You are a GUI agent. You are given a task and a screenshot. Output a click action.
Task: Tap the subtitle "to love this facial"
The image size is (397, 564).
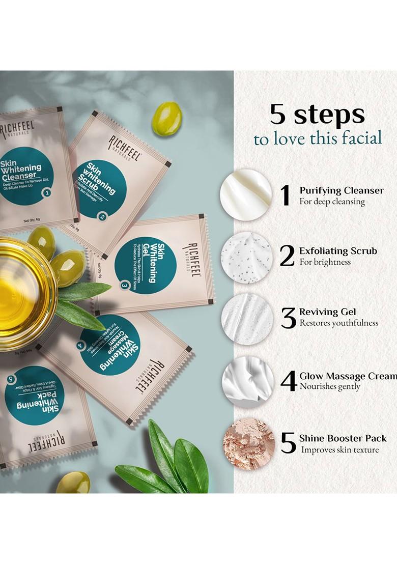click(x=318, y=138)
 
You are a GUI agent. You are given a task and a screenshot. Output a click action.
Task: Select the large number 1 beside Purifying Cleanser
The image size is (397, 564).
click(x=286, y=196)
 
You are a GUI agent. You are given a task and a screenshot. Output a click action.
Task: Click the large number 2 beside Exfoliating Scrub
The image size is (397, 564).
click(x=287, y=256)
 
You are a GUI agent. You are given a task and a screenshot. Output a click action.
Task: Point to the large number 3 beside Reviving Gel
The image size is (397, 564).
click(x=289, y=318)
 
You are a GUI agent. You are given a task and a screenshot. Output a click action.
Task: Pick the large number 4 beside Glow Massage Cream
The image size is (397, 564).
click(x=289, y=381)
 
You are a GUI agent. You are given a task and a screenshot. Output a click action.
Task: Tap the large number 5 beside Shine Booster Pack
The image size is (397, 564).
click(x=288, y=443)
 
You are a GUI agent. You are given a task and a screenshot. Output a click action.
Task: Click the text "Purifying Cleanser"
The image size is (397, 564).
click(x=342, y=191)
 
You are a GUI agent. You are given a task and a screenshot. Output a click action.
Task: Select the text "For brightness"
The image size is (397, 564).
click(x=325, y=262)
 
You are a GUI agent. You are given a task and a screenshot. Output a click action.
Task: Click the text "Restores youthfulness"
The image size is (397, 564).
click(x=338, y=323)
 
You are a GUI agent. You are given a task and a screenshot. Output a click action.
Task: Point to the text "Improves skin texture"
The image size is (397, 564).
click(x=339, y=449)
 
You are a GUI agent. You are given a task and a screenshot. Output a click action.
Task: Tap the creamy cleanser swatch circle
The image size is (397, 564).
click(x=246, y=195)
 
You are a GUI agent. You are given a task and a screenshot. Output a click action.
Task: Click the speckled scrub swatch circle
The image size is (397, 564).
click(x=247, y=258)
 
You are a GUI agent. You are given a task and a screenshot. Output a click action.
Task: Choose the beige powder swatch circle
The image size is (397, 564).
click(x=249, y=443)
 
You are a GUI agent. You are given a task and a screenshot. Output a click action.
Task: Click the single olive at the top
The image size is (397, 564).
click(x=167, y=119)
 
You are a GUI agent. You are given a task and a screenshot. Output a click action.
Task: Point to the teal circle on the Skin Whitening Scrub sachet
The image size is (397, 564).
click(x=99, y=189)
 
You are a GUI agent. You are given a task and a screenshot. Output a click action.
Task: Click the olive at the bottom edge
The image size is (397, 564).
click(x=73, y=483)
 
